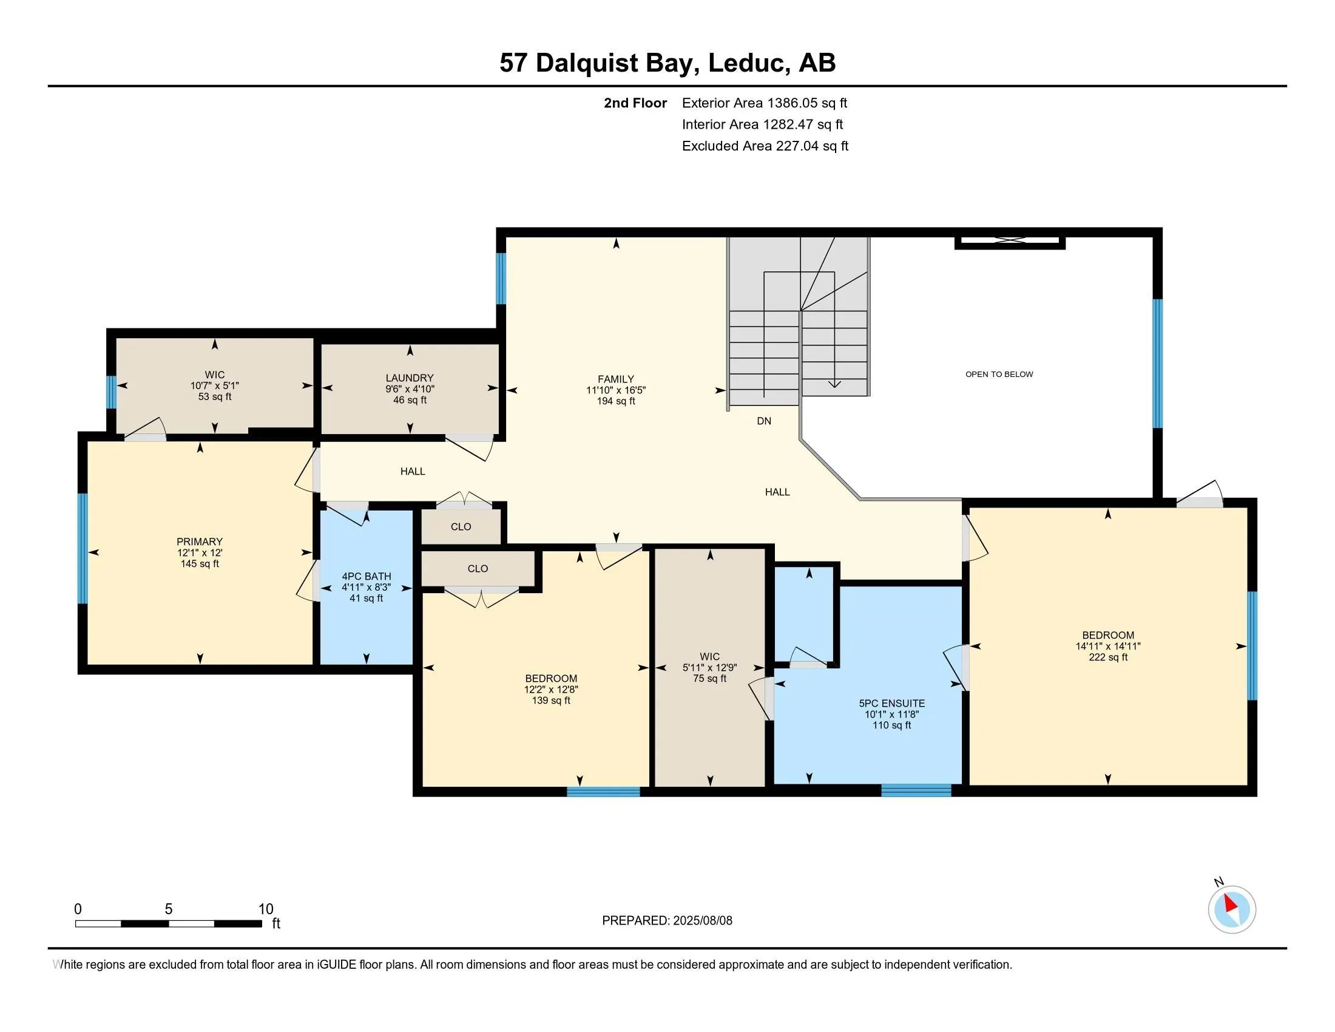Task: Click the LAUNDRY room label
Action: (409, 378)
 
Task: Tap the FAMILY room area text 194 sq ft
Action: (615, 401)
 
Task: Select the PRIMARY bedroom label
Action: (199, 541)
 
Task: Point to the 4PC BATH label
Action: (366, 576)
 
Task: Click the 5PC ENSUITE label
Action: (891, 703)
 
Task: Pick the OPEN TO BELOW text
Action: (999, 374)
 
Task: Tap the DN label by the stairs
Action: (763, 421)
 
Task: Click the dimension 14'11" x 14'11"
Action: (1107, 647)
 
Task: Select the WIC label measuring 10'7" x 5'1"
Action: (215, 374)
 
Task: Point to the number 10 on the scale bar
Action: (265, 909)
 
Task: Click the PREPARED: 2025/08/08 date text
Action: (667, 920)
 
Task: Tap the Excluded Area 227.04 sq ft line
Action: (765, 146)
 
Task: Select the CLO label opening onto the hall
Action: (461, 526)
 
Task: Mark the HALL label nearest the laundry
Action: (413, 470)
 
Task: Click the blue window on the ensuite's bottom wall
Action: (916, 790)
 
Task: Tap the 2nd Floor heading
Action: (635, 103)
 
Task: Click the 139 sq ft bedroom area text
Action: (551, 700)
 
